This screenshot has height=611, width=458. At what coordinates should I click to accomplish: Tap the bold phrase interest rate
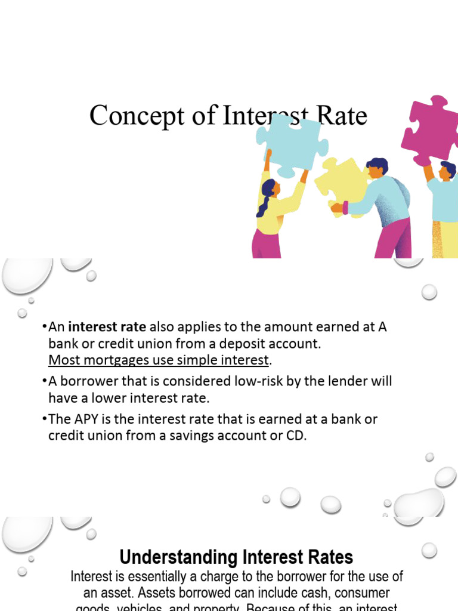click(x=107, y=327)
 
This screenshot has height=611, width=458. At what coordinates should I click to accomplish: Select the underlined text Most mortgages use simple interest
click(x=159, y=360)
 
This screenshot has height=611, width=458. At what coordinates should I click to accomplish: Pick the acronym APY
click(x=86, y=419)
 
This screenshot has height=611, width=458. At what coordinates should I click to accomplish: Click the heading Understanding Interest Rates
click(x=236, y=557)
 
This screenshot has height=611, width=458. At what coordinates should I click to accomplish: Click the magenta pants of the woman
click(x=266, y=244)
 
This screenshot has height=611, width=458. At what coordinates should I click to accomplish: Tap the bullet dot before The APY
click(x=45, y=419)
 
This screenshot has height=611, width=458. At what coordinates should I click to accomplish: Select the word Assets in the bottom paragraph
click(x=123, y=594)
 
